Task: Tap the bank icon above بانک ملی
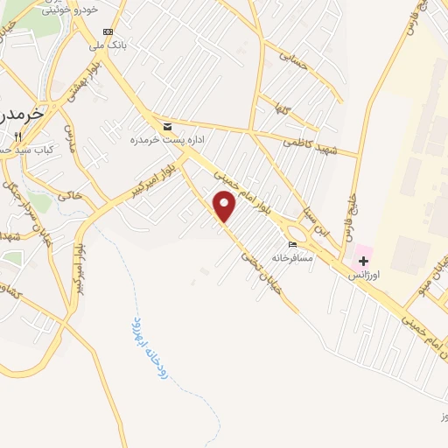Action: click(108, 31)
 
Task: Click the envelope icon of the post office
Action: click(166, 126)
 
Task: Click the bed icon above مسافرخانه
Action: click(293, 246)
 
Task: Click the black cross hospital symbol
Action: click(363, 261)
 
